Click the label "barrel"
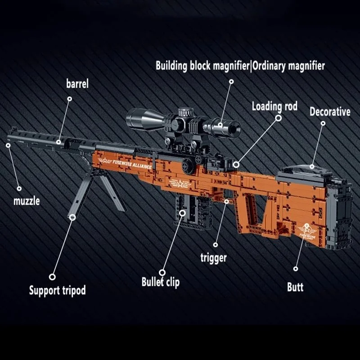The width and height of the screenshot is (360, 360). [77, 84]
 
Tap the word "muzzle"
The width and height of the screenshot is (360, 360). [26, 200]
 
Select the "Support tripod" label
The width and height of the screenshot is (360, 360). [57, 289]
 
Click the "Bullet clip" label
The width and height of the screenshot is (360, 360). [161, 282]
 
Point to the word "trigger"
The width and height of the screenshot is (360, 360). [213, 258]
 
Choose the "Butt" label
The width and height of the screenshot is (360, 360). [295, 287]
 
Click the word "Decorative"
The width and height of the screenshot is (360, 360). [330, 111]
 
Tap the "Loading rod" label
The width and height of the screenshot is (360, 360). [274, 106]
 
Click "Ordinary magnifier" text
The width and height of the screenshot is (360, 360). [288, 66]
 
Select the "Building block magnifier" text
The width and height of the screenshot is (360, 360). [202, 66]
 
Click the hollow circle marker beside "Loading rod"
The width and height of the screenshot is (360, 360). [279, 118]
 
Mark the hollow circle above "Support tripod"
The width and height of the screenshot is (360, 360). [53, 277]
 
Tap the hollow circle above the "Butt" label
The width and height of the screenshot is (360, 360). [296, 269]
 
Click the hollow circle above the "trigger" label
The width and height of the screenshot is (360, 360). [216, 245]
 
